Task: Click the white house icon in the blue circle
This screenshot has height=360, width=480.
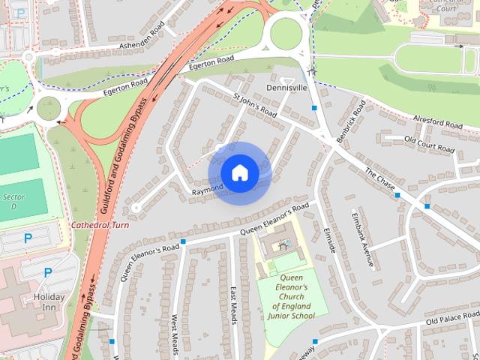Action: point(239,172)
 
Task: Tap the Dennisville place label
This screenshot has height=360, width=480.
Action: point(286,88)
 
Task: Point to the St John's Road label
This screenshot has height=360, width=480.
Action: point(255,105)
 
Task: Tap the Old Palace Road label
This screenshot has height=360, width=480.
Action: point(452,319)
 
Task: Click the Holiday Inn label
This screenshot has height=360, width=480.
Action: point(50,301)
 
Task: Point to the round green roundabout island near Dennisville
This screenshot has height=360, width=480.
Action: point(286,33)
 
